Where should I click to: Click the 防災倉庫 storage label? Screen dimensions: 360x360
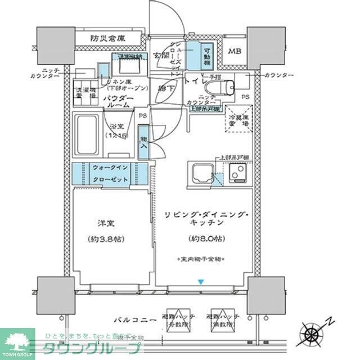108,39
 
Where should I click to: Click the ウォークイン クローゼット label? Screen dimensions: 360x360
111,173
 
